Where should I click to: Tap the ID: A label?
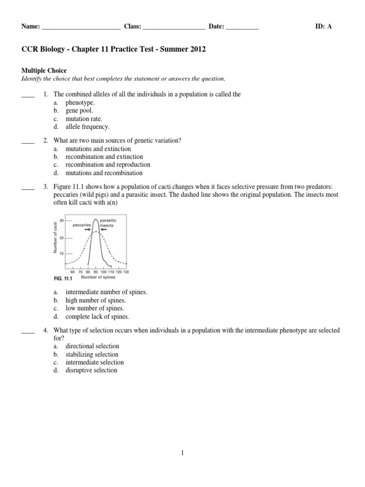(323, 27)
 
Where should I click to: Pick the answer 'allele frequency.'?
(87, 127)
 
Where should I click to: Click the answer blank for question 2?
(28, 141)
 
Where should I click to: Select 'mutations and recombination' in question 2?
(104, 173)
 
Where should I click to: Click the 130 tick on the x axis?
(125, 272)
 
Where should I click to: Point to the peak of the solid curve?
(96, 220)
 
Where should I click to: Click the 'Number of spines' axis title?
(98, 277)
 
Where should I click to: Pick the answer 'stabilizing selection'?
(92, 354)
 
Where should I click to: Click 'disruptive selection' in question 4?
(91, 370)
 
